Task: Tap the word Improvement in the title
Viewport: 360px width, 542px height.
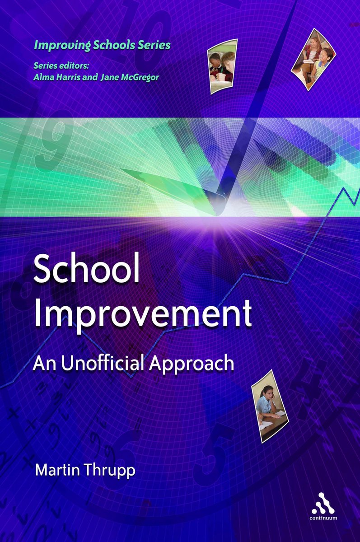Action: tap(143, 313)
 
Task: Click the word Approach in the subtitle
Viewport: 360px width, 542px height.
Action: tap(191, 365)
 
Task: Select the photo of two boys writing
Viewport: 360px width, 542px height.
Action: tap(222, 66)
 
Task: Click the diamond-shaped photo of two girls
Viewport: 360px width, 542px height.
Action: tap(313, 60)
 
